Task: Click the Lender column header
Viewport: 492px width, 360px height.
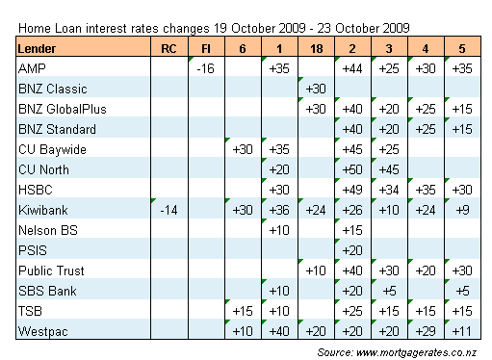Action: (37, 49)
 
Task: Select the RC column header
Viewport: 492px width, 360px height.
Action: (168, 49)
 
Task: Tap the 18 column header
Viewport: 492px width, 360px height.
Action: (317, 49)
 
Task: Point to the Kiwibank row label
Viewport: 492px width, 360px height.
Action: (43, 210)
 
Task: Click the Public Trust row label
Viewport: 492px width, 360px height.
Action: (51, 270)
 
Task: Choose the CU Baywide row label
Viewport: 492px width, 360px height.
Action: (52, 150)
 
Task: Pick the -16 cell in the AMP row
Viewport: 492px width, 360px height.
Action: (205, 68)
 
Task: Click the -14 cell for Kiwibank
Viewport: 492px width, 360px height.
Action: (168, 210)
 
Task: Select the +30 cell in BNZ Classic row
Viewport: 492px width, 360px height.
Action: (316, 89)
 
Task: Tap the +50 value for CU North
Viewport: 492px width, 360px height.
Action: (352, 169)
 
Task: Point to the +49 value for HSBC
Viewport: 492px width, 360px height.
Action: (352, 190)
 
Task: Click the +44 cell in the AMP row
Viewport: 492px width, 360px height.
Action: (352, 68)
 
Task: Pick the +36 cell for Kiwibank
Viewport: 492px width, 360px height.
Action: (279, 210)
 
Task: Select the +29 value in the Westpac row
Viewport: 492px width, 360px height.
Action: (426, 331)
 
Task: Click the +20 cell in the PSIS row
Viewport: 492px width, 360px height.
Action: (352, 250)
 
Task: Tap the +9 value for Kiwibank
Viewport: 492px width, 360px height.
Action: (462, 210)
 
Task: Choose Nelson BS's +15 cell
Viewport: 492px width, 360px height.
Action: (352, 230)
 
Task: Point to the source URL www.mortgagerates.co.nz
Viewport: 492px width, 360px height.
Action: (416, 352)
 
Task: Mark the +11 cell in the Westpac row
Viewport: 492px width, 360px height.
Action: (462, 331)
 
